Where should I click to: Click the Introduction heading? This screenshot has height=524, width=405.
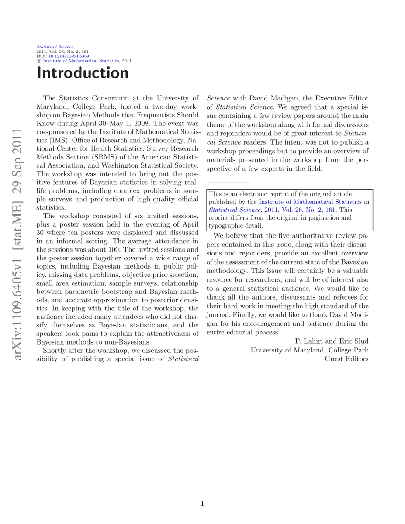[83, 72]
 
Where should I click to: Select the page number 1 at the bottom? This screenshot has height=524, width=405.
[202, 503]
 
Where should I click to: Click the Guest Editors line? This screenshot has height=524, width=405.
[346, 359]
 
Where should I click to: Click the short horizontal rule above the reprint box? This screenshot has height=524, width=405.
[228, 183]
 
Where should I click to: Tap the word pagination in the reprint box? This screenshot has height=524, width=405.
[335, 217]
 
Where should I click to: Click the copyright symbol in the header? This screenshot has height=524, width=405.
[38, 61]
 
